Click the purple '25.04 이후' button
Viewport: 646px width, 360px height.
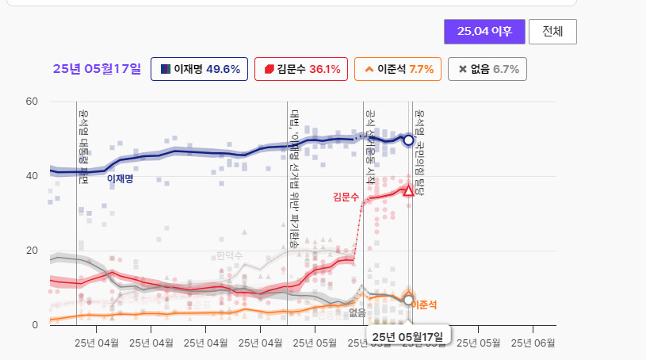pos(484,32)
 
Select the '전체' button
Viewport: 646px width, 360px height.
pos(552,32)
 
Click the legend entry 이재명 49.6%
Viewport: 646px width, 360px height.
pos(200,69)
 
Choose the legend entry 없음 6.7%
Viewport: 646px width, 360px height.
pos(487,69)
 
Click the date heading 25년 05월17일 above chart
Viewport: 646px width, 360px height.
pos(97,69)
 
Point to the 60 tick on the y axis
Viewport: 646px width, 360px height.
pos(32,101)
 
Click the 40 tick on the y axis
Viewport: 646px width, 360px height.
pos(32,176)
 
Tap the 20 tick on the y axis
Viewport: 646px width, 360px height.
pos(32,251)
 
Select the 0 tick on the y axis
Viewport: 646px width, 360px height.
pos(34,325)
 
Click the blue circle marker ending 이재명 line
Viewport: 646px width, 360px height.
pos(408,140)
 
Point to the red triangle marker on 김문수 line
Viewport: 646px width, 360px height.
pos(408,190)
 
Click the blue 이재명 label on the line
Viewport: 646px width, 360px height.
pos(120,179)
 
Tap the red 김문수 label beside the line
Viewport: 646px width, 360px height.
pos(346,196)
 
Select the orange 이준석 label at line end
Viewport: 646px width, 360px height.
pos(424,304)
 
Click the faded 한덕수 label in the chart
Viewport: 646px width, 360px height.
pos(230,255)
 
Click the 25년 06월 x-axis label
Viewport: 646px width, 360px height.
pos(533,343)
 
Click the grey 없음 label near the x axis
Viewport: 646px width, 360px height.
pos(357,312)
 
